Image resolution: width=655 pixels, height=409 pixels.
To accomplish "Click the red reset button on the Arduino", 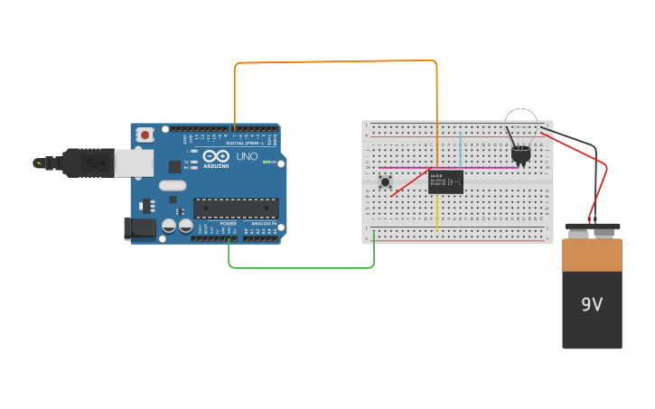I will click(x=145, y=135).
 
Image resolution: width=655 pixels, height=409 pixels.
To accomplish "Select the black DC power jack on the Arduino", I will click(x=138, y=228).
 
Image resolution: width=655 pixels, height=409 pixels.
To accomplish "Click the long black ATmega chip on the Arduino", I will click(x=236, y=208).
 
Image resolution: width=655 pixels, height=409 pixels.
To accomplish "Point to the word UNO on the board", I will click(x=247, y=156).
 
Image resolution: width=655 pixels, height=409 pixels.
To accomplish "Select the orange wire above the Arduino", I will click(x=334, y=62).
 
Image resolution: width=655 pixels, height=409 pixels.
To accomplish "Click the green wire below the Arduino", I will click(x=298, y=267).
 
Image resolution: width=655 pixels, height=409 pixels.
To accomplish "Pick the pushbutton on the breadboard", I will click(x=386, y=181).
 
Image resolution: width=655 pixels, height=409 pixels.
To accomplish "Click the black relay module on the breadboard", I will click(x=445, y=181).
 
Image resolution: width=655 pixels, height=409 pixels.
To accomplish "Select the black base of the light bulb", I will click(x=520, y=154).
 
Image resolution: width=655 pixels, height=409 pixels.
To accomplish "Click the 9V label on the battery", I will click(x=592, y=305).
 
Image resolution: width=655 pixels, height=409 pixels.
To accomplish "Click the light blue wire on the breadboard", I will click(x=461, y=149).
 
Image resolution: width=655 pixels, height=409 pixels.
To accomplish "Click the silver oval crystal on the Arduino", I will click(x=172, y=185).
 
